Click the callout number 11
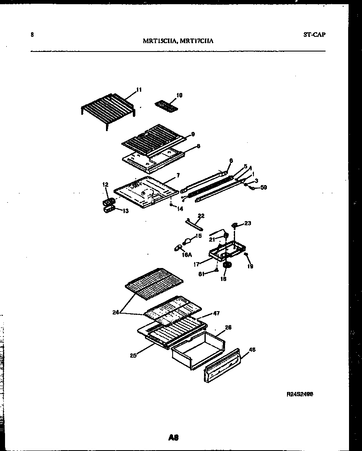click(x=139, y=89)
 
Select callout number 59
click(x=264, y=187)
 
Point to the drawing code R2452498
click(x=300, y=394)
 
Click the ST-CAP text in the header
click(x=314, y=35)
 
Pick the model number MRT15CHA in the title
click(x=159, y=41)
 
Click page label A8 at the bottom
click(x=173, y=438)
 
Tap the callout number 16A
click(x=186, y=254)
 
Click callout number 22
click(x=201, y=216)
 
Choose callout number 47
click(x=216, y=313)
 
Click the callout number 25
click(x=133, y=356)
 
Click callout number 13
click(x=125, y=211)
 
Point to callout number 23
click(x=248, y=223)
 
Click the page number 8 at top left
click(x=32, y=35)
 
